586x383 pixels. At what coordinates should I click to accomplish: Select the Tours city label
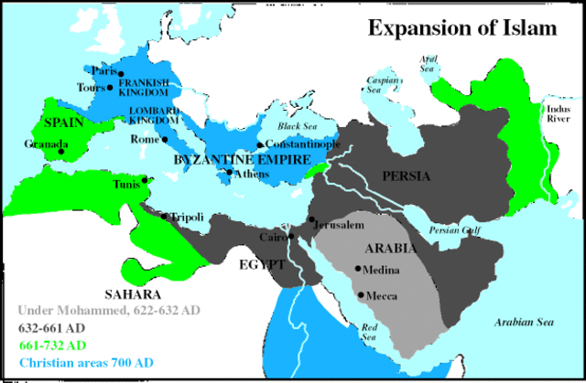click(92, 89)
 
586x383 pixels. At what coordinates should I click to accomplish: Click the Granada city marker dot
click(62, 152)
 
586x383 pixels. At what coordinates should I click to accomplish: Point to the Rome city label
click(145, 140)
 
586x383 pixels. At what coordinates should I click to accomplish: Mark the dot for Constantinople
click(261, 145)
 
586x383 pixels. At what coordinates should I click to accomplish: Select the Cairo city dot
click(291, 237)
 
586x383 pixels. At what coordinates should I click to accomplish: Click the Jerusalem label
click(342, 224)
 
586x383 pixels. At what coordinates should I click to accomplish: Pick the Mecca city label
click(382, 296)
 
